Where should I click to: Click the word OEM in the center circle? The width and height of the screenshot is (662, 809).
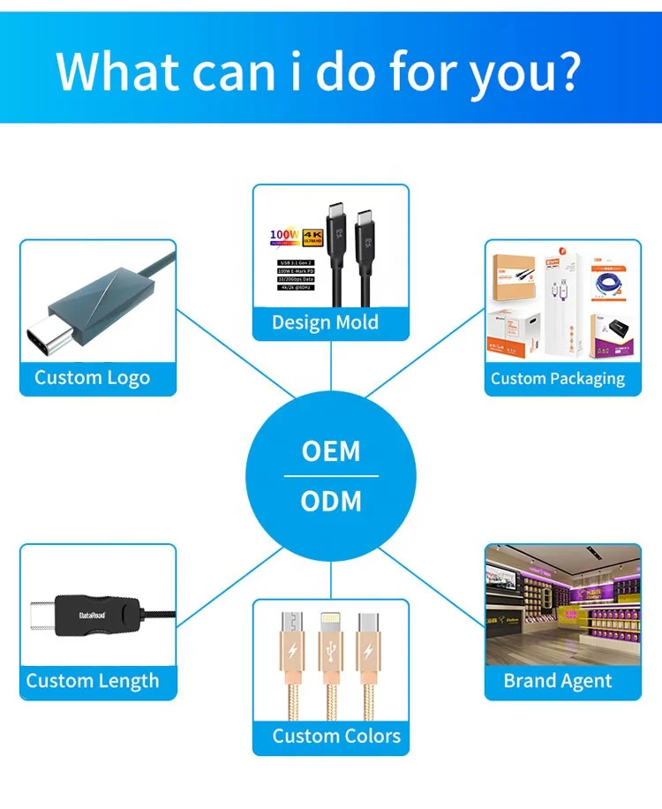click(331, 451)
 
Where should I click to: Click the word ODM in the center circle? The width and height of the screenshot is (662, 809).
click(331, 502)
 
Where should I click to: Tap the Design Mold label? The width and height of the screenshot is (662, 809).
click(325, 322)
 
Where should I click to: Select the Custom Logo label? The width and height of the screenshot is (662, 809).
click(92, 378)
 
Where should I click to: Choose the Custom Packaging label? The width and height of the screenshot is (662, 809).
click(558, 379)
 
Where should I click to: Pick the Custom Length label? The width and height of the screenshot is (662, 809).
click(93, 681)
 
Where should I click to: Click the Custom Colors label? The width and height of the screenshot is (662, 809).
click(336, 736)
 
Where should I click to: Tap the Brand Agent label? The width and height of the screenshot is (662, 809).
click(558, 681)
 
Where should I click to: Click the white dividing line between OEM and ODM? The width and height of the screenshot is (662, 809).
click(331, 477)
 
